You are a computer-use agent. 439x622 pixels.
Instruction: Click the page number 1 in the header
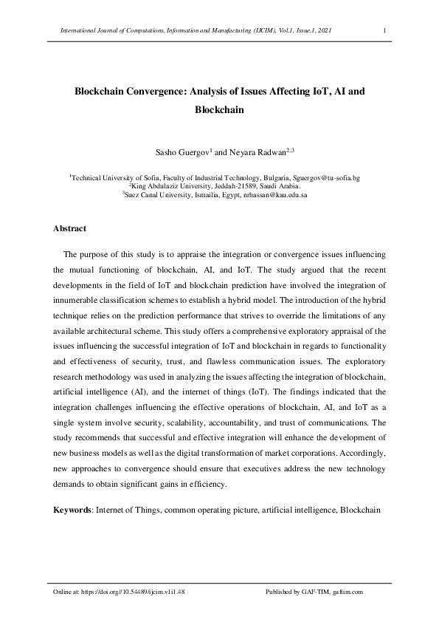(x=385, y=30)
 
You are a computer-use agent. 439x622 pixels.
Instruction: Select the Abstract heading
(x=70, y=228)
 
